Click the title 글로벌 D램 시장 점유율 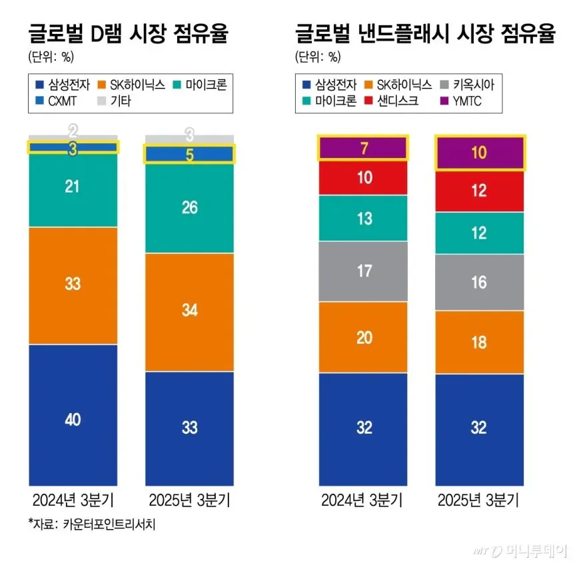(x=128, y=33)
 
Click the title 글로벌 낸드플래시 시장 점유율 (x=425, y=33)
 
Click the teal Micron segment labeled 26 (x=190, y=208)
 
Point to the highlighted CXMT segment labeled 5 (x=190, y=155)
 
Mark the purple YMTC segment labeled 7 (x=363, y=149)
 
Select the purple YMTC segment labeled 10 (x=478, y=153)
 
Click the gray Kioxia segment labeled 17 (x=363, y=271)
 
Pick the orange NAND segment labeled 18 (x=478, y=342)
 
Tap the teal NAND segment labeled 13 (x=363, y=218)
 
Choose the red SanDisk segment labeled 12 (x=478, y=191)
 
